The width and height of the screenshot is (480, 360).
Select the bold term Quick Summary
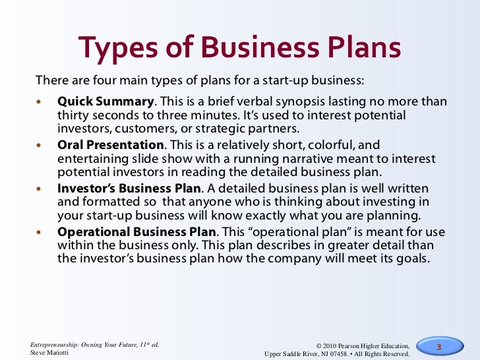point(105,102)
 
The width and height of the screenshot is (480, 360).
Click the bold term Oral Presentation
point(110,145)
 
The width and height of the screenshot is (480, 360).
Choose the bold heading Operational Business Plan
point(136,232)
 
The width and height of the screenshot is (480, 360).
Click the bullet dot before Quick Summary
point(38,103)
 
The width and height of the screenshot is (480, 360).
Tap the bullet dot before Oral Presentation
point(38,146)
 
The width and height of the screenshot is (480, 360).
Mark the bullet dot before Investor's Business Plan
point(38,190)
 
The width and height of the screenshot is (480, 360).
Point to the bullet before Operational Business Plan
point(38,233)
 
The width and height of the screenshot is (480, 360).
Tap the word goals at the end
point(411,258)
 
